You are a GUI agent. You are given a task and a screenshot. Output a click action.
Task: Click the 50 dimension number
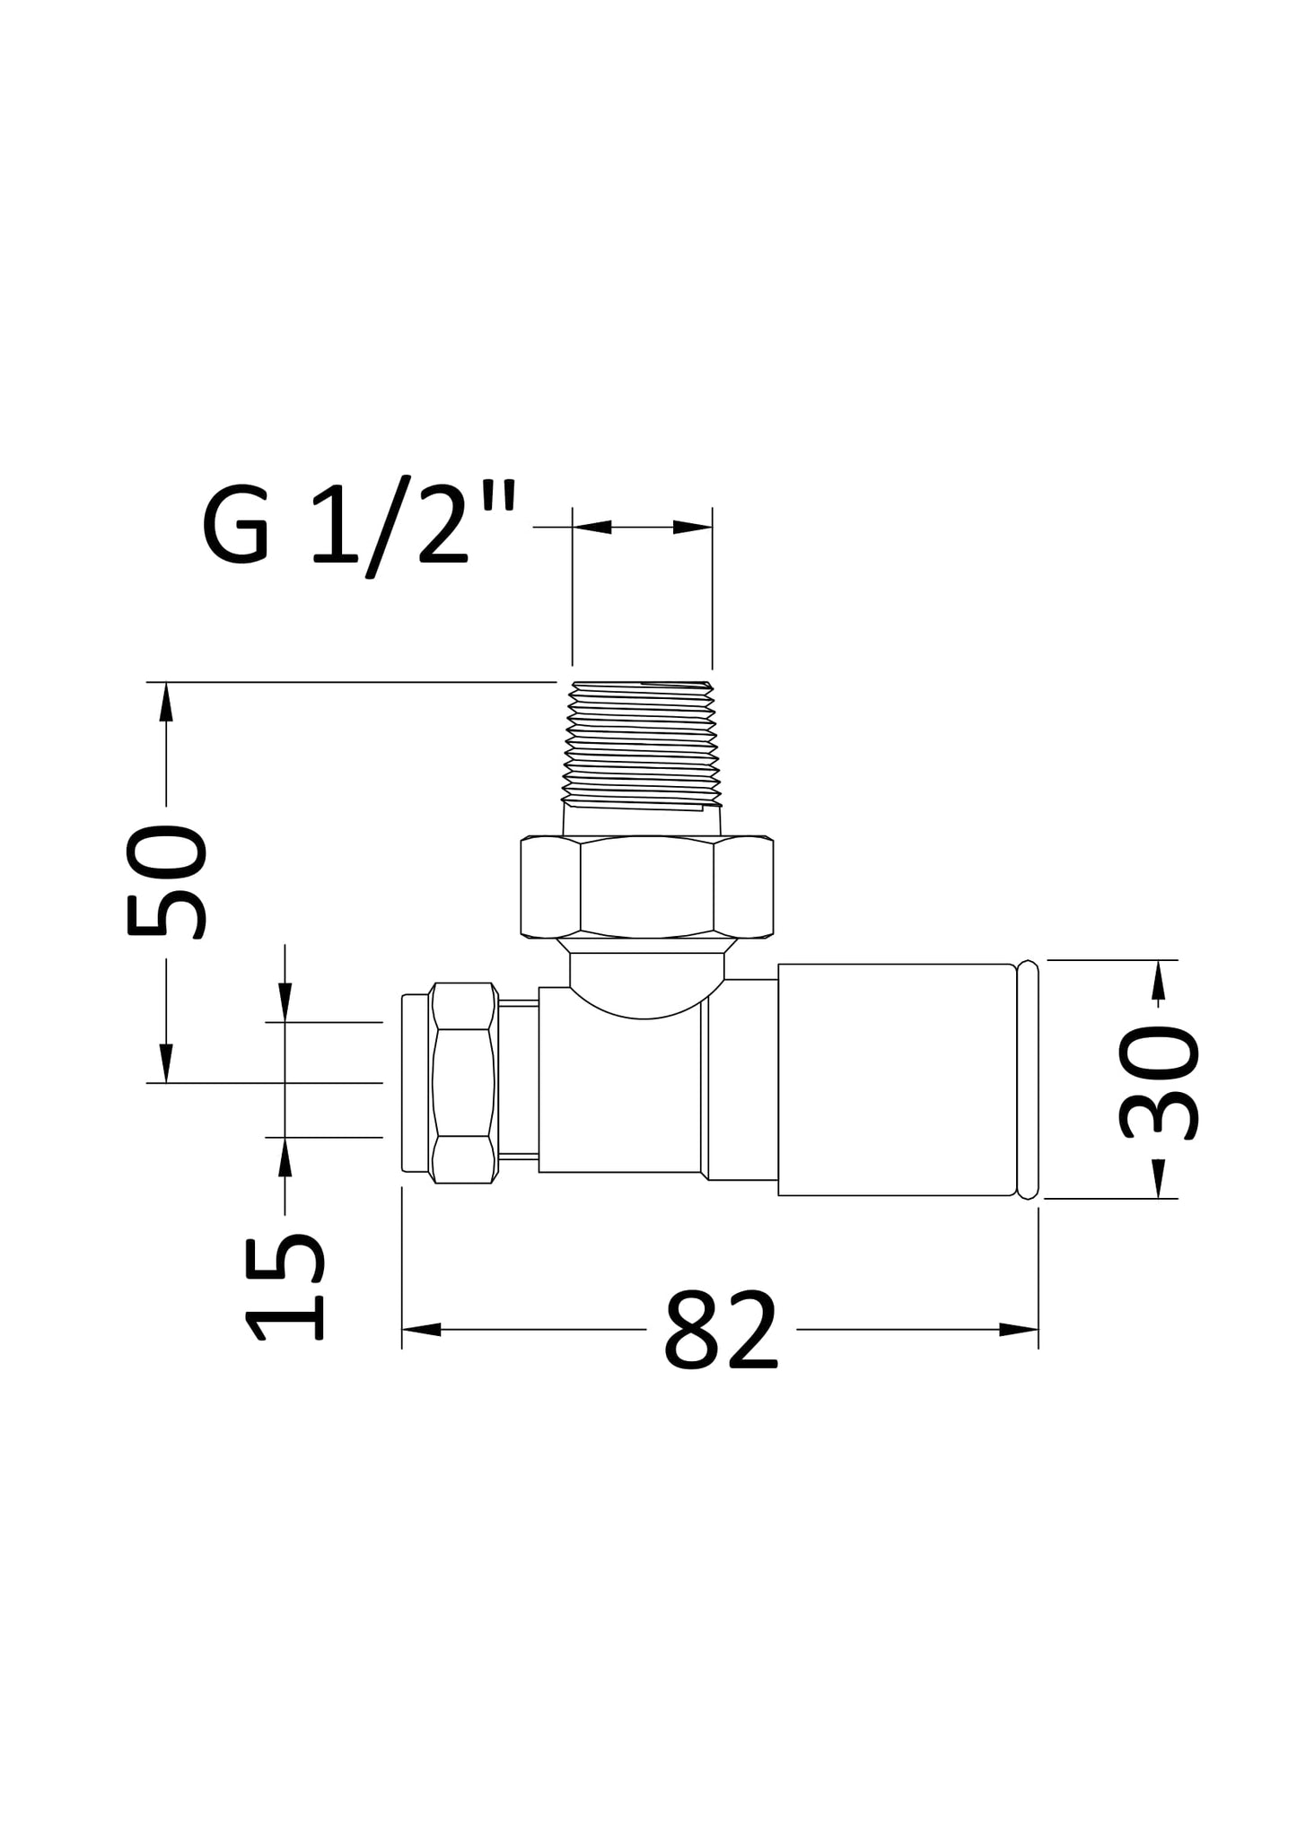click(167, 882)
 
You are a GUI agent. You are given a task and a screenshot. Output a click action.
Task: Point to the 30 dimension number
click(1159, 1083)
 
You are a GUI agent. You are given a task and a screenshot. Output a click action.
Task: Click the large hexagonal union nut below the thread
click(646, 887)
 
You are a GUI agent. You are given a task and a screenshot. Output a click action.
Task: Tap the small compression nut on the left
click(463, 1083)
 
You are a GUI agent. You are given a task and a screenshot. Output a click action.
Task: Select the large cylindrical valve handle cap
click(896, 1079)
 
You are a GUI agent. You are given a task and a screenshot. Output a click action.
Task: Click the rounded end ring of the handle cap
click(1029, 1079)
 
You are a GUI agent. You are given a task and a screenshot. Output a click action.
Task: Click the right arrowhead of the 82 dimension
click(1019, 1330)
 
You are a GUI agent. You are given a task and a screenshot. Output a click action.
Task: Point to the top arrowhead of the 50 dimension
click(165, 702)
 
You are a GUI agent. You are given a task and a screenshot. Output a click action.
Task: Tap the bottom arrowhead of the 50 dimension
click(165, 1063)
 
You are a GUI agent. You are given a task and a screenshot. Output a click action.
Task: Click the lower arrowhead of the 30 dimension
click(1159, 1178)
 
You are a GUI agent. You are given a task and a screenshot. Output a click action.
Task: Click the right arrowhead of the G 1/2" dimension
click(692, 527)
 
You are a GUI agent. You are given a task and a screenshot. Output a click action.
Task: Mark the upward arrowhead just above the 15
click(285, 1158)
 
